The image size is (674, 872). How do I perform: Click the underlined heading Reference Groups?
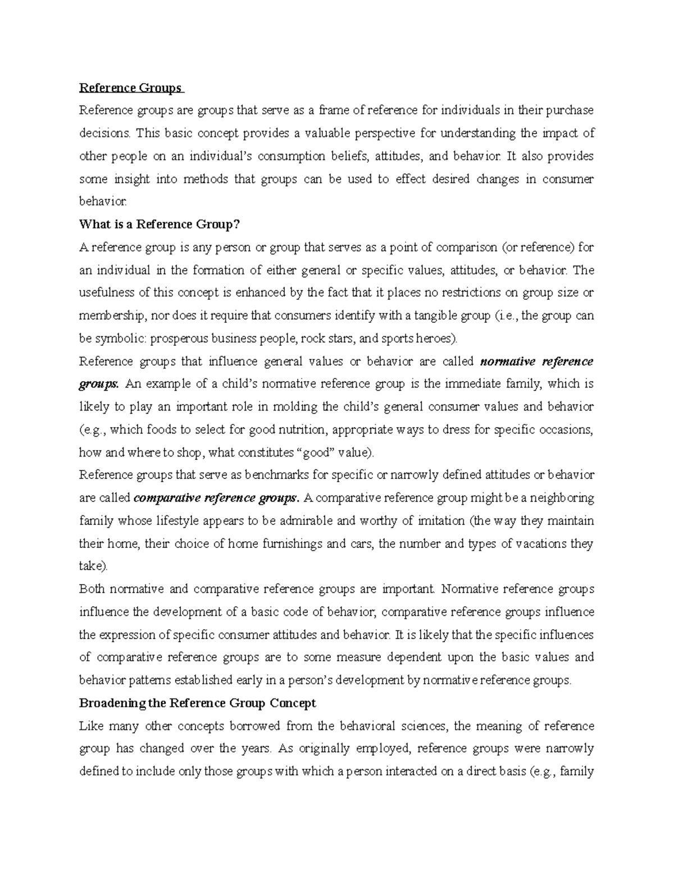coord(130,88)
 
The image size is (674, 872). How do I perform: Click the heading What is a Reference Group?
coord(160,225)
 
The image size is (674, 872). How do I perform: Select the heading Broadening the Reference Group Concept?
coord(198,703)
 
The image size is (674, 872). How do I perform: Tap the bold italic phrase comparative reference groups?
coord(217,498)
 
